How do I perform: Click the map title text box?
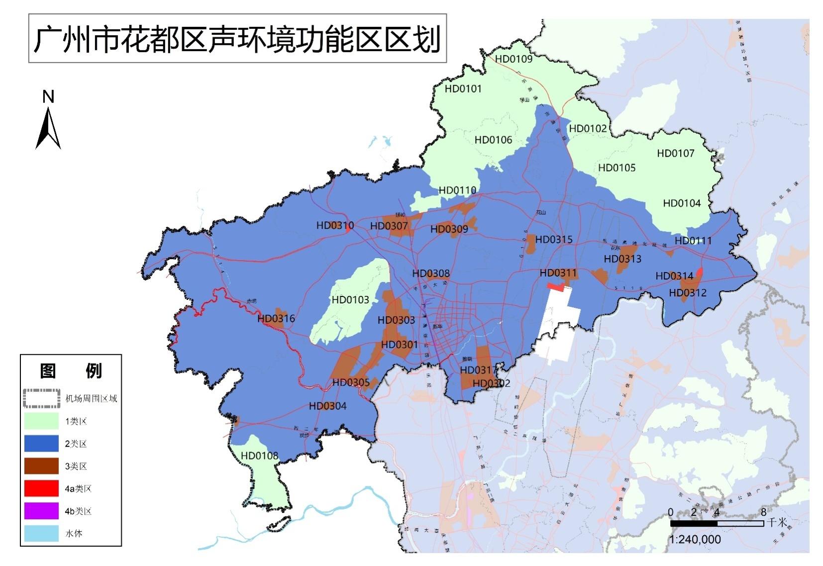[x=237, y=39]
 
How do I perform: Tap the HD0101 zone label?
[x=463, y=89]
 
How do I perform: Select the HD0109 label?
[x=514, y=59]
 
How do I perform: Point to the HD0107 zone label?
[x=675, y=153]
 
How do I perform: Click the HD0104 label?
[x=681, y=203]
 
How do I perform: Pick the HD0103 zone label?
[x=350, y=299]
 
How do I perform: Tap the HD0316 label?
[x=276, y=318]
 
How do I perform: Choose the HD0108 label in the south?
[x=259, y=456]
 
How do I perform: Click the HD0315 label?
[x=553, y=239]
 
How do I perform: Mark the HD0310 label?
[x=335, y=225]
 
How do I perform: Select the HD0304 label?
[x=327, y=406]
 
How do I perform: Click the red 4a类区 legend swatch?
[x=41, y=488]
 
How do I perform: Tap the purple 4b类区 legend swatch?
[x=41, y=511]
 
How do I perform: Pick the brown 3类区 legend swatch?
[x=41, y=466]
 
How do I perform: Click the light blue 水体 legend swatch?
[x=41, y=533]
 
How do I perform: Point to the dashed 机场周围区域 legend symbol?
[x=41, y=398]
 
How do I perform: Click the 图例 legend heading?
[x=71, y=371]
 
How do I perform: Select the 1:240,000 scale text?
[x=695, y=540]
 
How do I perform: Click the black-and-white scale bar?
[x=717, y=523]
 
